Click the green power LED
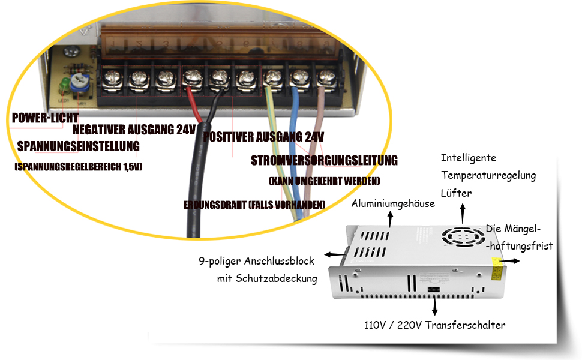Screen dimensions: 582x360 click(62, 83)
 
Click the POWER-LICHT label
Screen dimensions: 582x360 click(45, 118)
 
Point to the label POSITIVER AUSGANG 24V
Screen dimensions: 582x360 click(264, 137)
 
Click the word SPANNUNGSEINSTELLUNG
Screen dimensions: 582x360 click(79, 146)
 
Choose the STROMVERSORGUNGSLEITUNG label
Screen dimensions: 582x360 click(324, 160)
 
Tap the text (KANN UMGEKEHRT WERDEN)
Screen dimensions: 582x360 click(325, 181)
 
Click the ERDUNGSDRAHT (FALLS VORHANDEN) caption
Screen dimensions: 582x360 click(254, 205)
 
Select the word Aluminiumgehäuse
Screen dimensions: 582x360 click(393, 203)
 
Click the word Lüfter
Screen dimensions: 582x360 click(456, 193)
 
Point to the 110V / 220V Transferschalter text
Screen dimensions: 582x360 click(435, 325)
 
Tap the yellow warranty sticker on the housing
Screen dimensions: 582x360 click(497, 269)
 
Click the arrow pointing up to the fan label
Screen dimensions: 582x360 click(463, 212)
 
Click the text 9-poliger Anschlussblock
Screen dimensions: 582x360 click(257, 261)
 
